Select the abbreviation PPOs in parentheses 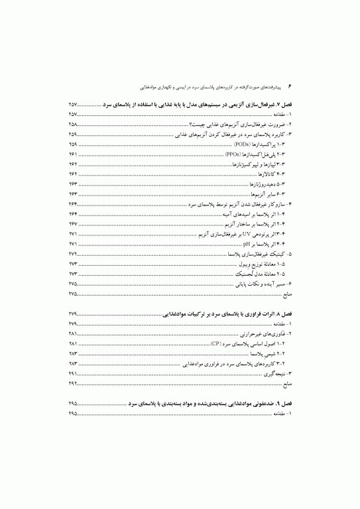click(x=233, y=153)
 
